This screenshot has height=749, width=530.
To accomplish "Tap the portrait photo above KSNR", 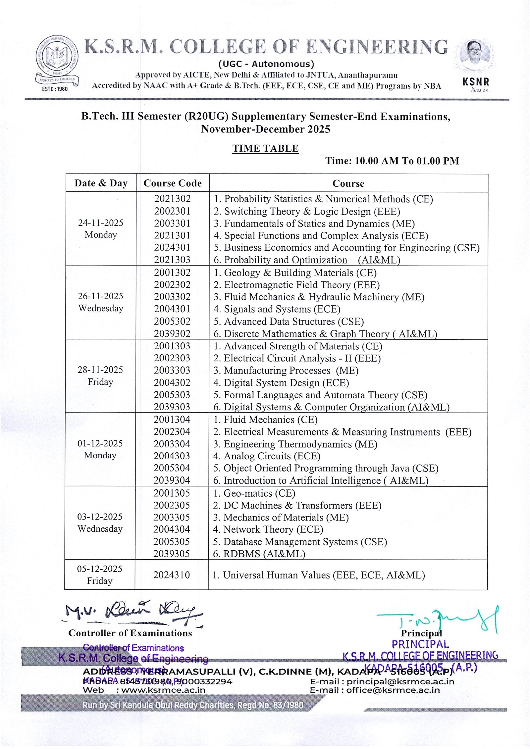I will click(475, 55).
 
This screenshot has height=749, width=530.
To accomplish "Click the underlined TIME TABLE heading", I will click(265, 148).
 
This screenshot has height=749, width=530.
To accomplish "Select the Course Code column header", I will click(173, 183).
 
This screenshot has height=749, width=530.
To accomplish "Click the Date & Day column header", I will click(101, 183).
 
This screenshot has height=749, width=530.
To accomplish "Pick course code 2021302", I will click(172, 199).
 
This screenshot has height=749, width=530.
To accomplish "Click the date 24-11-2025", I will click(101, 223).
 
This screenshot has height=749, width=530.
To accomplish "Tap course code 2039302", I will click(172, 333).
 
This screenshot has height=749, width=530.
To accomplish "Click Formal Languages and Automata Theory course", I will click(320, 395).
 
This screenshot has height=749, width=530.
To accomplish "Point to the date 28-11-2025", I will click(100, 370).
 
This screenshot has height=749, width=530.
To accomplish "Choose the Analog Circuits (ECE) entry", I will click(267, 456).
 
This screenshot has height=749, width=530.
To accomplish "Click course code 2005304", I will click(172, 468).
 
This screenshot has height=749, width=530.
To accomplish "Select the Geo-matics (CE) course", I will click(254, 493).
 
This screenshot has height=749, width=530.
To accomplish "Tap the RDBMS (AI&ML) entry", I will click(259, 554).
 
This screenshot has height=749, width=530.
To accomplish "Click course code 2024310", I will click(172, 575).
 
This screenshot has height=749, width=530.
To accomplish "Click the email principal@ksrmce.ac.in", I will click(382, 681).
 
